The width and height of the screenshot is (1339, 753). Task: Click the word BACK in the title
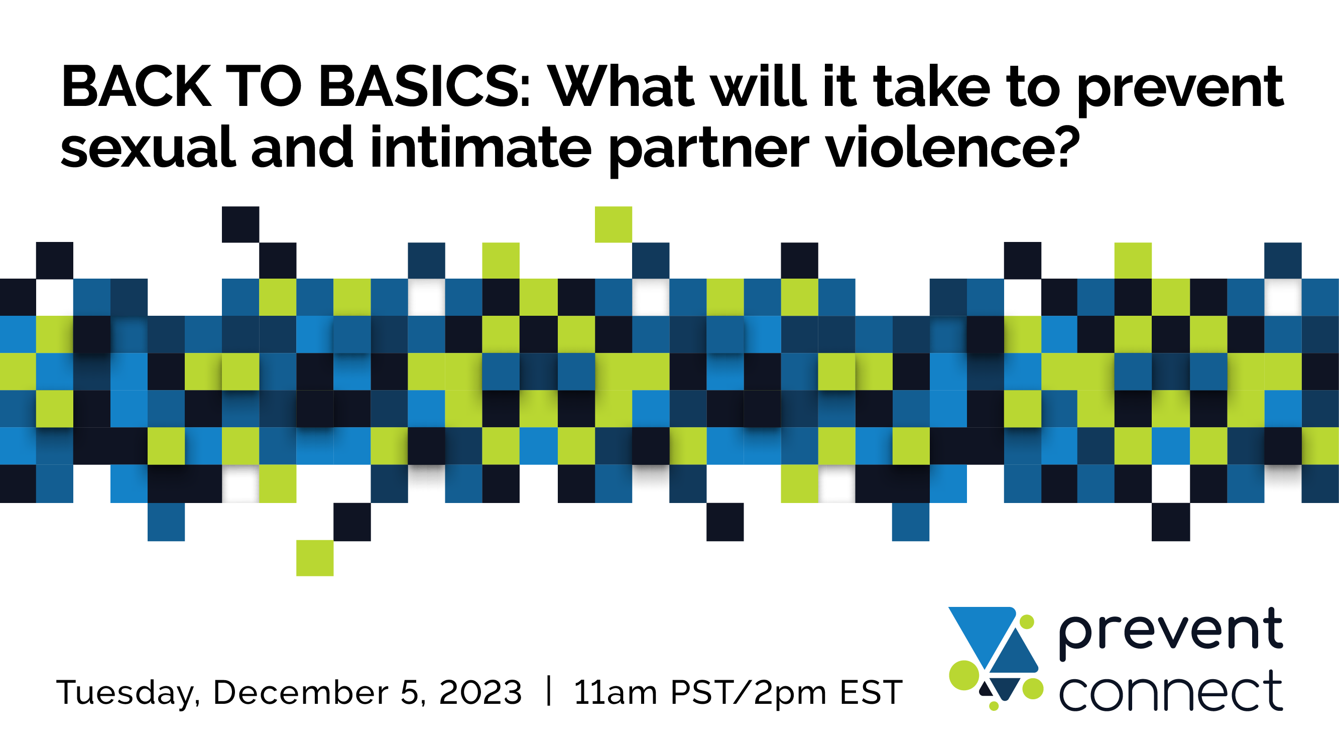136,86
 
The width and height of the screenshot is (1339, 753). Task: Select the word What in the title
622,86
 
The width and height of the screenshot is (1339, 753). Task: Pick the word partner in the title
709,151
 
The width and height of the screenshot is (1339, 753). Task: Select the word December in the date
300,692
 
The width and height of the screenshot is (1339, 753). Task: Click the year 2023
480,692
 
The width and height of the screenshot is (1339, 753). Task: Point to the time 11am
616,692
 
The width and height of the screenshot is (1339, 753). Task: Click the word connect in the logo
1171,691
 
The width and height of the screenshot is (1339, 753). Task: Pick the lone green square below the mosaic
314,558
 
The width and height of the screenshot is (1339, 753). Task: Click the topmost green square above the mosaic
614,224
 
